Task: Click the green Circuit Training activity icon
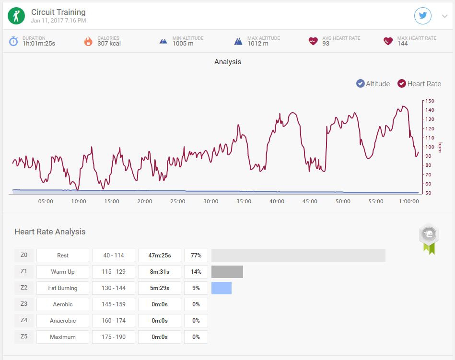click(x=16, y=16)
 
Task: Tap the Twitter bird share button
click(x=422, y=16)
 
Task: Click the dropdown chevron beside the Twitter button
click(x=444, y=16)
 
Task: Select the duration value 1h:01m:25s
click(x=39, y=44)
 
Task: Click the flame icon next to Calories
click(x=88, y=41)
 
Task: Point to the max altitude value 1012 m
click(x=258, y=44)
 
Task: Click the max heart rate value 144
click(x=402, y=44)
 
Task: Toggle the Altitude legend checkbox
click(x=360, y=83)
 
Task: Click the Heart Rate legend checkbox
click(x=402, y=83)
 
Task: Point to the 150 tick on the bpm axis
click(x=430, y=101)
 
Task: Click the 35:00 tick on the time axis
click(x=244, y=201)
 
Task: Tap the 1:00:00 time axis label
click(x=409, y=201)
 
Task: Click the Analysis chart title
click(x=228, y=62)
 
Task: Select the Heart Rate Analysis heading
click(x=50, y=232)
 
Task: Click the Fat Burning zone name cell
click(x=63, y=288)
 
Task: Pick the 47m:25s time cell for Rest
click(x=160, y=255)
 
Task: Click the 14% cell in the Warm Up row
click(x=196, y=272)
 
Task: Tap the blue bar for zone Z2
click(x=222, y=288)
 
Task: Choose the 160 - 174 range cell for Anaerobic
click(x=114, y=321)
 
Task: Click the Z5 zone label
click(x=24, y=337)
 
